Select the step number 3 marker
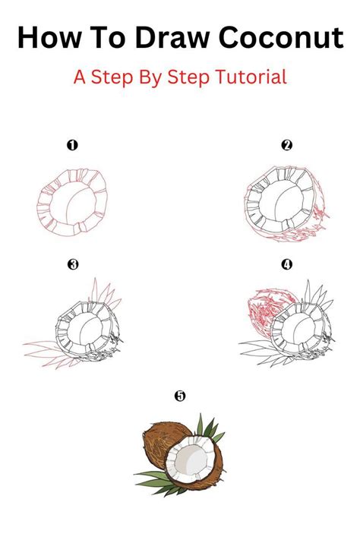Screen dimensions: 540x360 pyautogui.click(x=72, y=265)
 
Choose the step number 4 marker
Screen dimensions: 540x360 pyautogui.click(x=286, y=265)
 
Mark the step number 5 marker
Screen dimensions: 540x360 pyautogui.click(x=179, y=396)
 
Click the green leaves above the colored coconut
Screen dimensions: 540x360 pyautogui.click(x=207, y=429)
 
